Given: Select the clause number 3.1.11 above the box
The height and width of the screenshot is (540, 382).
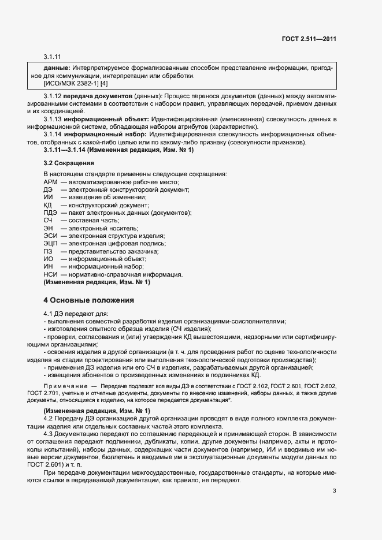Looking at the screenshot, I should tap(52, 57).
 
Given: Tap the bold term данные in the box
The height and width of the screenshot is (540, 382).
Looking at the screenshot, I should tap(57, 68).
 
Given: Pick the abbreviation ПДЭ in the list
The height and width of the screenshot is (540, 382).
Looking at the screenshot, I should tap(50, 213).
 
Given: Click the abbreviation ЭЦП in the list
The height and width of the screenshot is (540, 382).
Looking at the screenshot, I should tap(50, 244).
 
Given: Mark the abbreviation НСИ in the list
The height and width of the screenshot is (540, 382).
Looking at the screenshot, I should tap(50, 275).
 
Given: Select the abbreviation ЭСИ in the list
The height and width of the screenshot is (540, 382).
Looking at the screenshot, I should tap(50, 236).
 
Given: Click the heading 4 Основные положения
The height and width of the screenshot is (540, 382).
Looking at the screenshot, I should tap(89, 300).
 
